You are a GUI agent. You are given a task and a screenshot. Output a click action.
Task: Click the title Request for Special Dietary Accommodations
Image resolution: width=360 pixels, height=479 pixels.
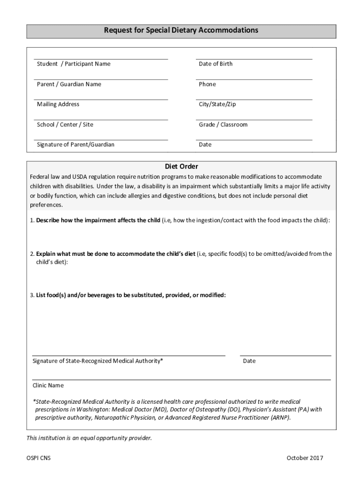pyautogui.click(x=181, y=30)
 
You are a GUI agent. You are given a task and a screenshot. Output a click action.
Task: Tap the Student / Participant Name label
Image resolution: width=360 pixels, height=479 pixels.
pyautogui.click(x=73, y=64)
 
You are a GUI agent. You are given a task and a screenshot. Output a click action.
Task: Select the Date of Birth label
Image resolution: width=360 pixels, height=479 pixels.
pyautogui.click(x=215, y=64)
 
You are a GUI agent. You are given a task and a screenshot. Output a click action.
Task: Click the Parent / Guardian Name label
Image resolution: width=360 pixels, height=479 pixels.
pyautogui.click(x=69, y=84)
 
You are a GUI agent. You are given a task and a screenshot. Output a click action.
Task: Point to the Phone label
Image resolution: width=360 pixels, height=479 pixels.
pyautogui.click(x=207, y=84)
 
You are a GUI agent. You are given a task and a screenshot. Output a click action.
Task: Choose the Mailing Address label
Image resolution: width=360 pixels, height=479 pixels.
pyautogui.click(x=58, y=104)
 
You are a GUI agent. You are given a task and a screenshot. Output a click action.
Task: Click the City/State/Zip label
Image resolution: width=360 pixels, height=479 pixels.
pyautogui.click(x=217, y=104)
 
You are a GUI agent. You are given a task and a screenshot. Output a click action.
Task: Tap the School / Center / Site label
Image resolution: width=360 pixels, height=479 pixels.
pyautogui.click(x=65, y=124)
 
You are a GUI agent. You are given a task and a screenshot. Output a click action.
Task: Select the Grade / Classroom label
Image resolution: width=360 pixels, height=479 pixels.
pyautogui.click(x=223, y=124)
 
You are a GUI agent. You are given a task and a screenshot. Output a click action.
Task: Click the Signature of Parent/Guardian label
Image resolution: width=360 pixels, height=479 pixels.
pyautogui.click(x=75, y=145)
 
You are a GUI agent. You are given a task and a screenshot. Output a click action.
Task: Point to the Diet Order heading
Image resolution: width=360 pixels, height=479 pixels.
pyautogui.click(x=181, y=167)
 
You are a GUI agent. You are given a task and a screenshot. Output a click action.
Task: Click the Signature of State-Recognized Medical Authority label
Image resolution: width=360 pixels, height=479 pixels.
pyautogui.click(x=98, y=361)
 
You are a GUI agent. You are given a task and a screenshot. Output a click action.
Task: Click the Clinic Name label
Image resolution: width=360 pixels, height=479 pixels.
pyautogui.click(x=48, y=385)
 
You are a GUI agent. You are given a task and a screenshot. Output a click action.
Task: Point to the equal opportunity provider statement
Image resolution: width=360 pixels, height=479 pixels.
pyautogui.click(x=89, y=438)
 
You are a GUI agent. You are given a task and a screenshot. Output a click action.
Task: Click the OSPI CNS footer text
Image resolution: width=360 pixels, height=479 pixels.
pyautogui.click(x=38, y=458)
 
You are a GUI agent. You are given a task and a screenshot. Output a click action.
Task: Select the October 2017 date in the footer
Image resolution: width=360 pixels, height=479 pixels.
pyautogui.click(x=305, y=458)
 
